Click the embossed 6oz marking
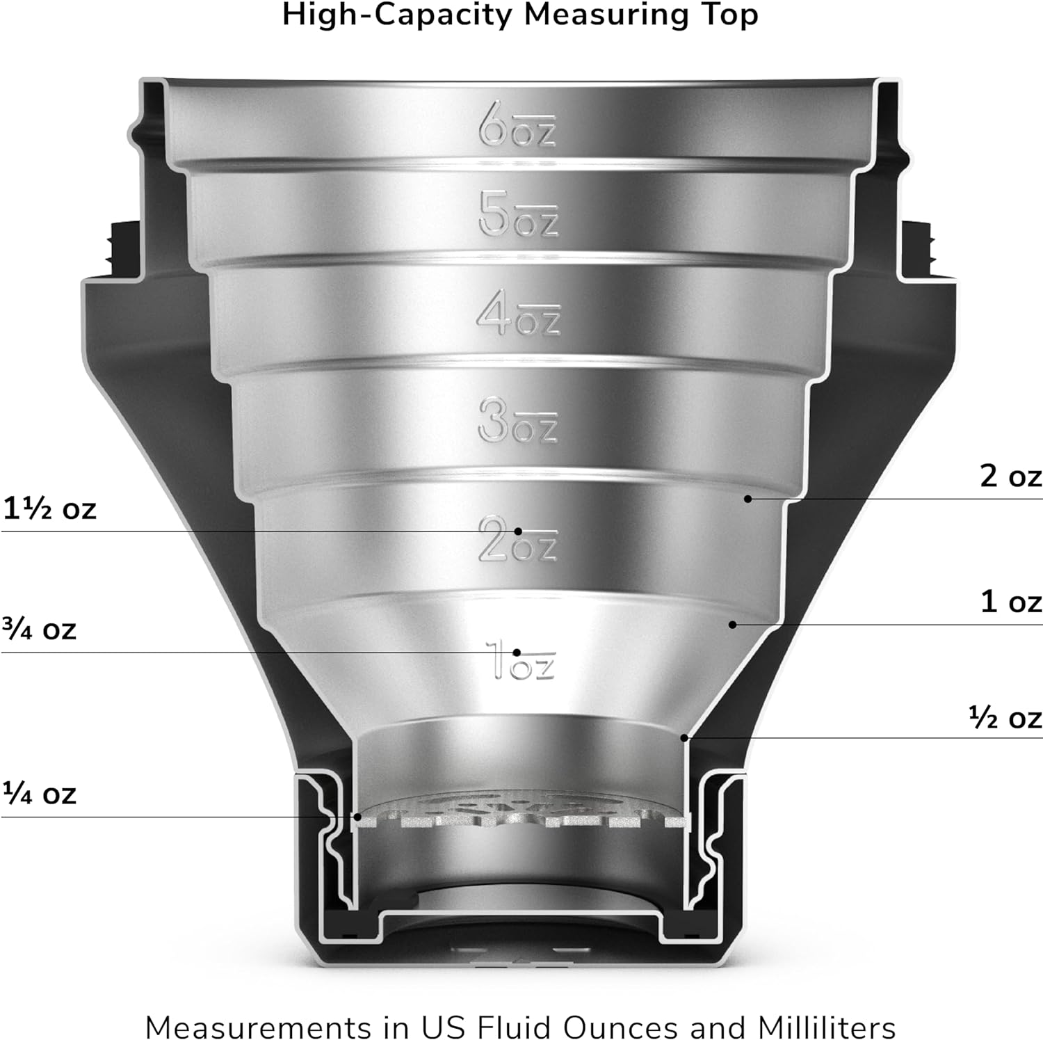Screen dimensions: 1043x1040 (517, 125)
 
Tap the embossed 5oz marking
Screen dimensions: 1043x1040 (518, 214)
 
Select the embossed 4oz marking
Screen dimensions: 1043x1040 (518, 313)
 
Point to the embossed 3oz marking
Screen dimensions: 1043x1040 (518, 419)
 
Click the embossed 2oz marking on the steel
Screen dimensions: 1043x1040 (518, 540)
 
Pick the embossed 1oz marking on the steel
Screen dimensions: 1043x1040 (520, 659)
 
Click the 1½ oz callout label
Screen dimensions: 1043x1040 (49, 509)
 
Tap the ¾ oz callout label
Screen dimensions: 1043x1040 (39, 629)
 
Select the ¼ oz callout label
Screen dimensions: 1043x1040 (39, 793)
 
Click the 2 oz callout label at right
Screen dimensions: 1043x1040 (1011, 476)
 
